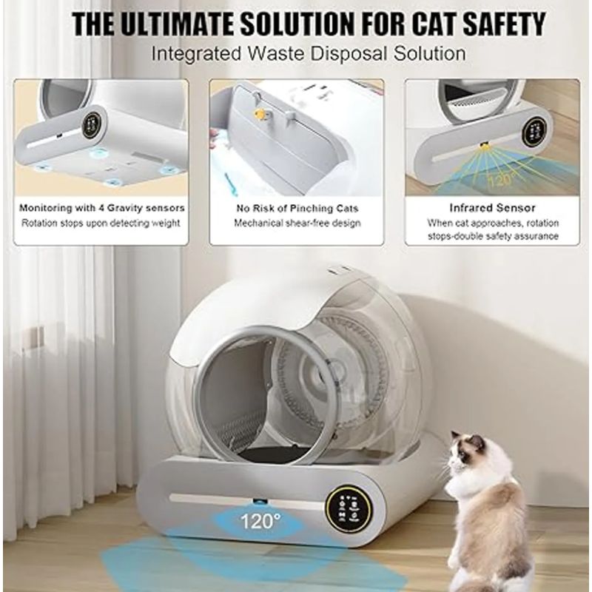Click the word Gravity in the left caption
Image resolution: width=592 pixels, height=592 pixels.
pos(124,208)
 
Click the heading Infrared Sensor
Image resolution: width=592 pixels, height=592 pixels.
pos(492,208)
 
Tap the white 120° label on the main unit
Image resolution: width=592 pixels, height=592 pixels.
pos(260,522)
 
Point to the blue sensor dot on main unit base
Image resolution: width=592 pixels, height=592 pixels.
pos(260,502)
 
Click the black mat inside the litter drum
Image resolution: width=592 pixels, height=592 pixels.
pos(270,454)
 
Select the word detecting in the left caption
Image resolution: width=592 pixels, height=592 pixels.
pos(132,223)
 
